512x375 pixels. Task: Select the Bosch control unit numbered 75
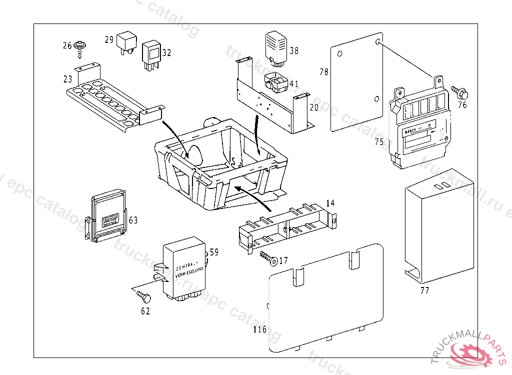click(420, 125)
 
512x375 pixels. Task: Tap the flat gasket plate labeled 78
click(356, 82)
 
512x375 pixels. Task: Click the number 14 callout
click(330, 203)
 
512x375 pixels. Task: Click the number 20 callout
click(314, 107)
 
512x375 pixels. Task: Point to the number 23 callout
click(68, 79)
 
